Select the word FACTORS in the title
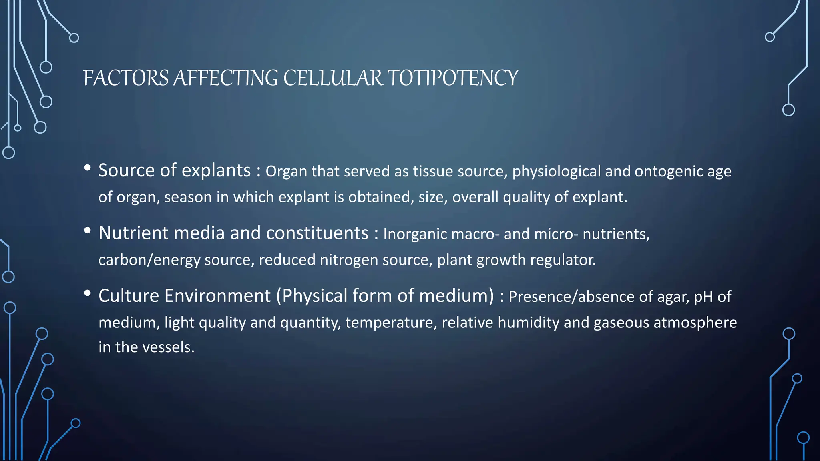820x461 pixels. [126, 78]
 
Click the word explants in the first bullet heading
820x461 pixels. [216, 171]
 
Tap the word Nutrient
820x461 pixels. [133, 233]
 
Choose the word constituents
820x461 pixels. [317, 233]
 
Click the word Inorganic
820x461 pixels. [415, 234]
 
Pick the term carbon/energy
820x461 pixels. [149, 260]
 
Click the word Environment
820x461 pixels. [218, 296]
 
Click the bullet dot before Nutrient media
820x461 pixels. [88, 230]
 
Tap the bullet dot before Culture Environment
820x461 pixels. [88, 293]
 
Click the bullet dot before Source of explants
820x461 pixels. [88, 168]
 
